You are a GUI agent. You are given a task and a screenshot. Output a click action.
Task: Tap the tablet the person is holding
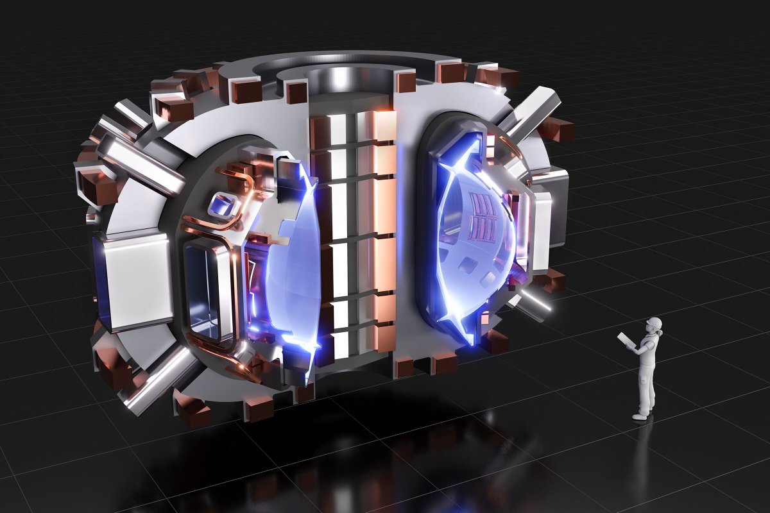624,341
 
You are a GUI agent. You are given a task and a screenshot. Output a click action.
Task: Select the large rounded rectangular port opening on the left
204,285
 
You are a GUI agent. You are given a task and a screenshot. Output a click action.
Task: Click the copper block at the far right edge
556,130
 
